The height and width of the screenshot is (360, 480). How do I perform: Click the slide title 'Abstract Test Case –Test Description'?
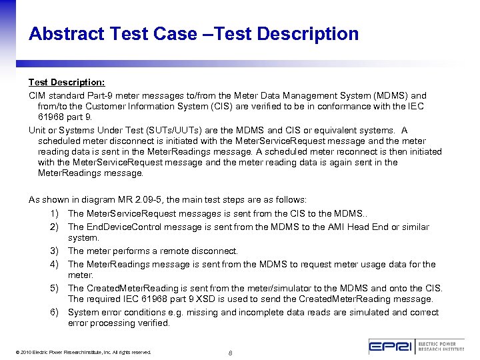[x=193, y=34]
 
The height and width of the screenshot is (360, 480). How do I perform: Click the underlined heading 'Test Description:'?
[x=66, y=82]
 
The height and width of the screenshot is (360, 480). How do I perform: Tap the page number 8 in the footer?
[x=229, y=352]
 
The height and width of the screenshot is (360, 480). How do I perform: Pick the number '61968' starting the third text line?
[x=51, y=117]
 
